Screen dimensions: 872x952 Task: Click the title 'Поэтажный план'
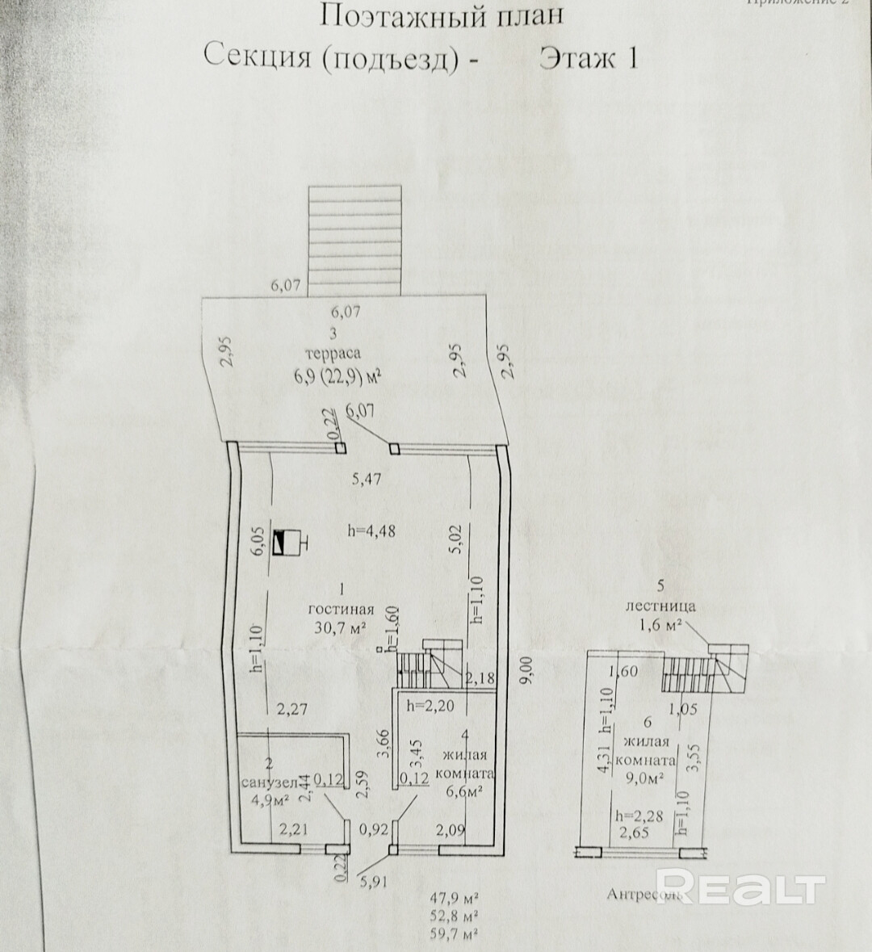pos(442,16)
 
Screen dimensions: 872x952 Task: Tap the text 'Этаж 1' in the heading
pos(589,59)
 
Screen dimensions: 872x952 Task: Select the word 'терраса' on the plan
pos(332,353)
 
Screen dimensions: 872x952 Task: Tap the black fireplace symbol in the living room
pos(284,541)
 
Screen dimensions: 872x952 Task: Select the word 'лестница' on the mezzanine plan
pos(660,606)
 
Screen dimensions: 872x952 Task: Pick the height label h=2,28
pos(639,816)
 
